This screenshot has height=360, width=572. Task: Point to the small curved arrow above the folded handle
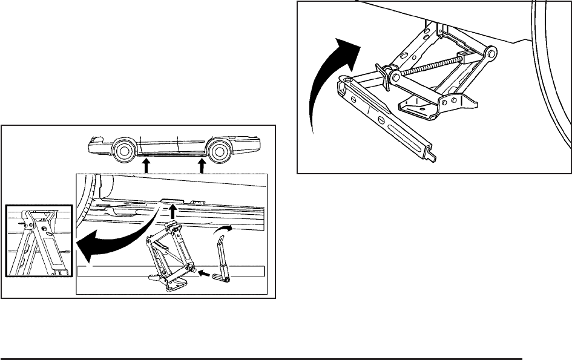click(x=222, y=229)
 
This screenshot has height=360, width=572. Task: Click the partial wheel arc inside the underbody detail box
click(x=90, y=194)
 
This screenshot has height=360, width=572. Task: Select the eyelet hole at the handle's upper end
click(x=346, y=80)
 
